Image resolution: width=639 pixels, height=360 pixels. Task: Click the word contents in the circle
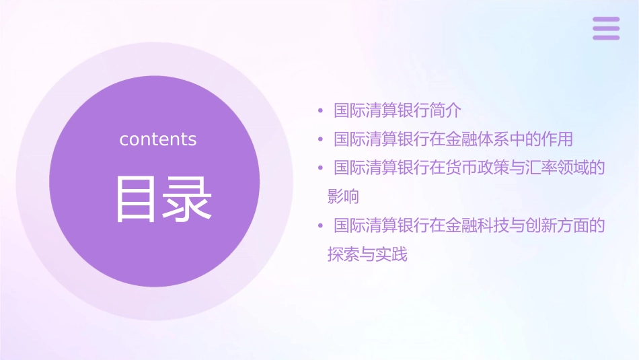tap(157, 139)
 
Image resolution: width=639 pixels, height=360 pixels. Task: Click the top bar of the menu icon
tap(606, 20)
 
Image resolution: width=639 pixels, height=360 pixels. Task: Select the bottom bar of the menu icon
tap(606, 38)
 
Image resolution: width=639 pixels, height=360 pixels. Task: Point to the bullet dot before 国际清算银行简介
tap(321, 110)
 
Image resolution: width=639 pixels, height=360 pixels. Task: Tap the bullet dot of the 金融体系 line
tap(321, 139)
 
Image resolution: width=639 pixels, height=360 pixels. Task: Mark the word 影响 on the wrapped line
tap(343, 196)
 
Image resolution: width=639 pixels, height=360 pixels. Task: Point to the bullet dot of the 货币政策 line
tap(321, 168)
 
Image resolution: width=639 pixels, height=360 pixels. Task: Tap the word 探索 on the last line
tap(343, 255)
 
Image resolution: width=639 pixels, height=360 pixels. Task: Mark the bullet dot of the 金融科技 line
tap(321, 225)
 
